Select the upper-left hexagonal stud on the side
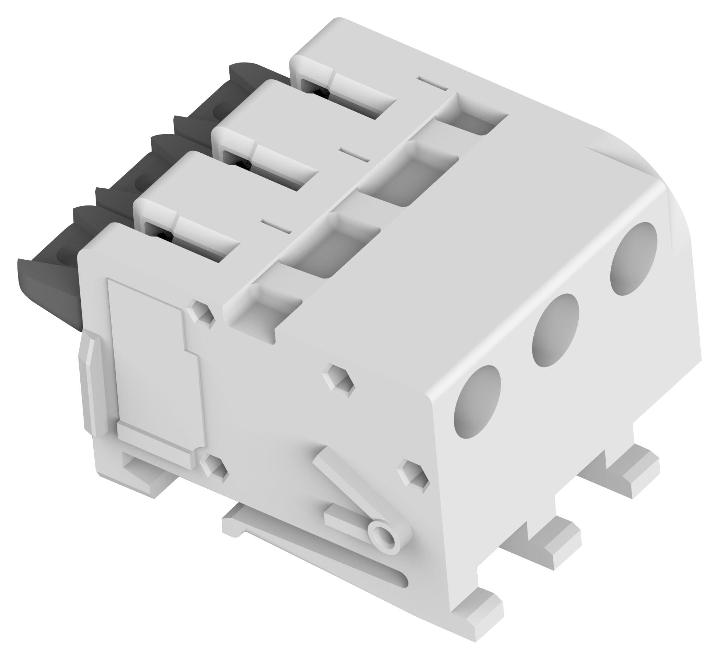200,311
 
